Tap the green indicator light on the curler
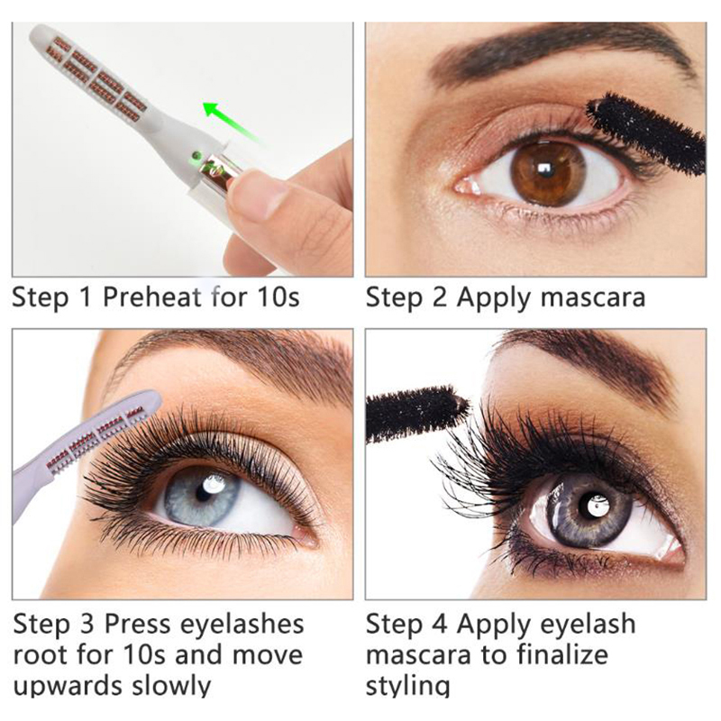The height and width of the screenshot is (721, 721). [x=196, y=155]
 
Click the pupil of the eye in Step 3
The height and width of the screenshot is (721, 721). [x=202, y=493]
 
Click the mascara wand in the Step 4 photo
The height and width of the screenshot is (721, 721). [x=416, y=414]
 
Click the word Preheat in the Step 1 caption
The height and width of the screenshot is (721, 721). [x=152, y=297]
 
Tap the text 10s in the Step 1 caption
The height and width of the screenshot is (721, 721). [x=278, y=297]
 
